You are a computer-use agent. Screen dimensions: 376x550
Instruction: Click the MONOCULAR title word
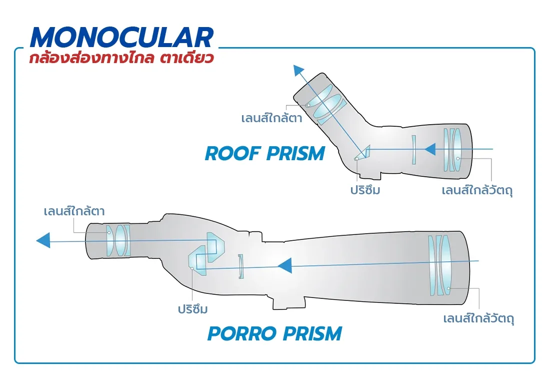click(x=121, y=37)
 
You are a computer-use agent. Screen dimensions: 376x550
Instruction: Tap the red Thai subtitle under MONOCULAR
click(x=121, y=58)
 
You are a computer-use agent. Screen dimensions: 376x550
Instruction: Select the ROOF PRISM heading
click(x=264, y=153)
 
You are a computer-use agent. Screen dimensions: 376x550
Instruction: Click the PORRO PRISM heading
click(x=274, y=333)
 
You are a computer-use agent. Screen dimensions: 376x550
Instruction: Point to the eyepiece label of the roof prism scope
click(x=271, y=119)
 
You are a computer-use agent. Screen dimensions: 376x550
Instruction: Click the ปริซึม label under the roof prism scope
click(x=364, y=191)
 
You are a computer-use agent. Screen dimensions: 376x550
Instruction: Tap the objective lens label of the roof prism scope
click(x=478, y=191)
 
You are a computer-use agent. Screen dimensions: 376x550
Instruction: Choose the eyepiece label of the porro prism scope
click(x=74, y=211)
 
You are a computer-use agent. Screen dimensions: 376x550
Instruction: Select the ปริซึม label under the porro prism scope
click(x=193, y=309)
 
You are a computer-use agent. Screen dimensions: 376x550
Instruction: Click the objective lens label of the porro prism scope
click(x=479, y=318)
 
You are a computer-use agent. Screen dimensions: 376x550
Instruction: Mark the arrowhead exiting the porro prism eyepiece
click(x=43, y=241)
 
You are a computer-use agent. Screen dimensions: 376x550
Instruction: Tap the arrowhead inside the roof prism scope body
click(x=429, y=149)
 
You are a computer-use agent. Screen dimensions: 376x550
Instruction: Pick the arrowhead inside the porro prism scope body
click(x=285, y=266)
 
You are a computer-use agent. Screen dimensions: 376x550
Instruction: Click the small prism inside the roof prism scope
click(x=363, y=153)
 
